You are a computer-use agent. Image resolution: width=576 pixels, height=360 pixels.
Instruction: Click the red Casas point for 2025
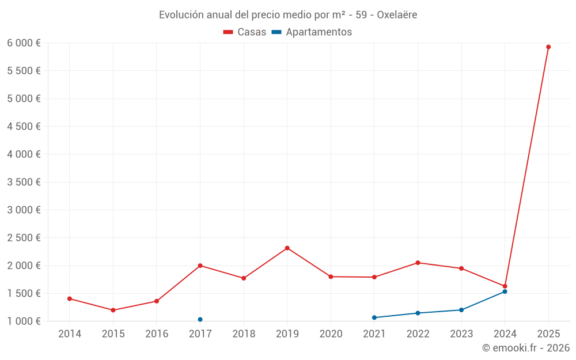coord(548,47)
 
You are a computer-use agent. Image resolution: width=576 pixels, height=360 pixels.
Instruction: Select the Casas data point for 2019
coord(287,248)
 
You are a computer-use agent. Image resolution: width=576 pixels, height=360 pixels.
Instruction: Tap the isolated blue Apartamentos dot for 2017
coord(200,320)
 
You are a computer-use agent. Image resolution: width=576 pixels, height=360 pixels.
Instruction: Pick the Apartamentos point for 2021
coord(374,317)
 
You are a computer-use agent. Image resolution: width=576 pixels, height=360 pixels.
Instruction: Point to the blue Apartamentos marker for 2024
coord(505,291)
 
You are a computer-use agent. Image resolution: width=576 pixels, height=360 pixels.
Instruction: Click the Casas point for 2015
coord(113,310)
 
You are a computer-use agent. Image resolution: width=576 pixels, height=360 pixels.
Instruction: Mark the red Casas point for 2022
coord(418,263)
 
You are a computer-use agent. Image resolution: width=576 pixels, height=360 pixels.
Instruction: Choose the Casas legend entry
coord(245,32)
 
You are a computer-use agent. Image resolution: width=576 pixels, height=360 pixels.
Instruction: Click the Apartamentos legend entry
coord(312,32)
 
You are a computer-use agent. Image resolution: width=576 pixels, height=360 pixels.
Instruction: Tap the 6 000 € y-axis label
coord(24,43)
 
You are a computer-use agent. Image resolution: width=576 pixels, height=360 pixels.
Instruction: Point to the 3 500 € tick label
coord(24,182)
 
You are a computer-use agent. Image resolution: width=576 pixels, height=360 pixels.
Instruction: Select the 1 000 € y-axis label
coord(24,321)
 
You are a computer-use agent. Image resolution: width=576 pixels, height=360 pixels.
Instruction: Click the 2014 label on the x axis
coord(70,334)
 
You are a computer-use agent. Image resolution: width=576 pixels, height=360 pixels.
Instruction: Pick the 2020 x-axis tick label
coord(331,334)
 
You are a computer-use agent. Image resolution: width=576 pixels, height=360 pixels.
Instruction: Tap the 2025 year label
coord(548,334)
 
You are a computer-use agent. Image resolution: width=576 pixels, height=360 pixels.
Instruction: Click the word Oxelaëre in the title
coord(397,15)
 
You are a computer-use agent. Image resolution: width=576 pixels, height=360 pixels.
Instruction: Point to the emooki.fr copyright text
coord(526,348)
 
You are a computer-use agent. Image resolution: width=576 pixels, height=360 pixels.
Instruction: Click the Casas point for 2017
coord(200,266)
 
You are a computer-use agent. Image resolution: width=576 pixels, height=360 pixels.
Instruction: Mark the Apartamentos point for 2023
coord(461,310)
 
